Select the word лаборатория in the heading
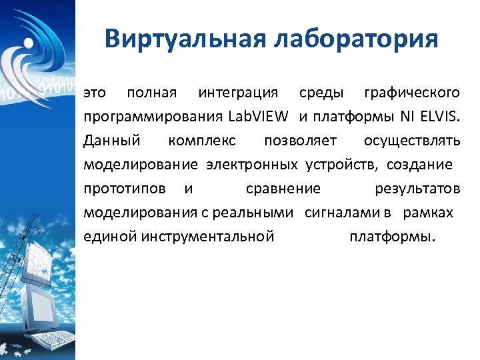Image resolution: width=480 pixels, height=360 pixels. [x=356, y=39]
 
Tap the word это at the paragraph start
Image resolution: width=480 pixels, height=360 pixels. [x=95, y=92]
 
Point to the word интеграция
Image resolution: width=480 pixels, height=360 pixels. [x=238, y=92]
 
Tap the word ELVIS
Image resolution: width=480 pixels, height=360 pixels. [x=439, y=117]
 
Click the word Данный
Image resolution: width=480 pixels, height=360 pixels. [x=112, y=141]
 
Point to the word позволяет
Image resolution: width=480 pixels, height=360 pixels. [x=300, y=141]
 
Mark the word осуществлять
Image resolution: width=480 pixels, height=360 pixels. [x=412, y=141]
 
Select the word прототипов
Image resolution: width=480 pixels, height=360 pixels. [x=125, y=189]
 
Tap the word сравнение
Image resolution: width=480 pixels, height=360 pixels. [x=283, y=189]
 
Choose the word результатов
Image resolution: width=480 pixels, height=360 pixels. [x=417, y=189]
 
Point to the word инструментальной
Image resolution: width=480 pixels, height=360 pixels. [x=207, y=237]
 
